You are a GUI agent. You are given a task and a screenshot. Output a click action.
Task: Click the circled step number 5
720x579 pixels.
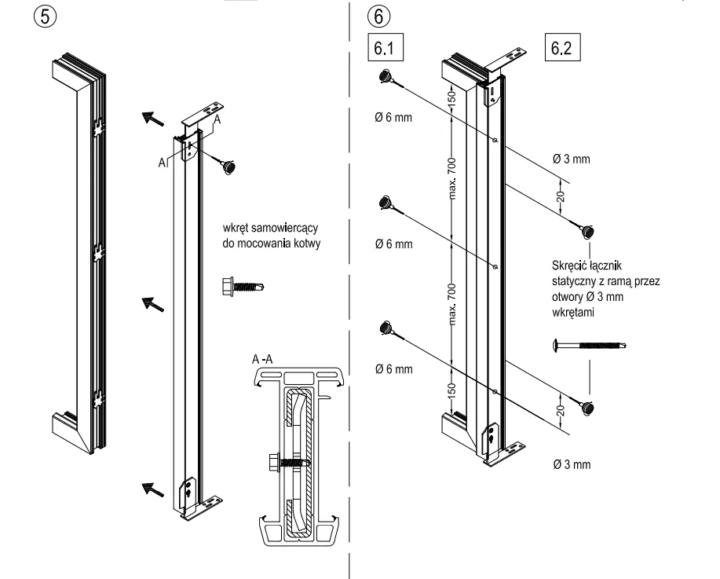(x=16, y=16)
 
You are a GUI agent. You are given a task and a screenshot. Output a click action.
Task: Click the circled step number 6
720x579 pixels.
(x=376, y=16)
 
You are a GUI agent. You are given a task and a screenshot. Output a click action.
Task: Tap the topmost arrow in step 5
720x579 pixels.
(x=155, y=119)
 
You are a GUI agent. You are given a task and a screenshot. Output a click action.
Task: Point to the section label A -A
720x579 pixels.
(x=264, y=358)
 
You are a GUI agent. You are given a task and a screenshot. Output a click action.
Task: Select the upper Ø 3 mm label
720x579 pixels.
(x=572, y=159)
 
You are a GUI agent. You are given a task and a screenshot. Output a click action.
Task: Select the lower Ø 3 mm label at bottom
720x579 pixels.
(x=572, y=464)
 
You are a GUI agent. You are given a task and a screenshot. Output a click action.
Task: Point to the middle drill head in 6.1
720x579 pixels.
(x=387, y=203)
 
